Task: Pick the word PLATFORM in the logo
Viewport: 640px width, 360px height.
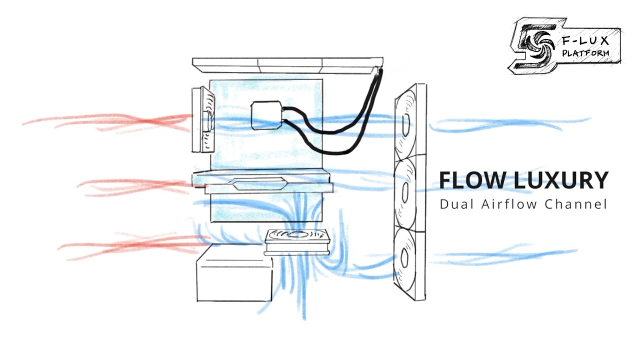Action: [x=585, y=52]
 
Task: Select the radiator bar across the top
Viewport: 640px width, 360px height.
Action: [x=287, y=64]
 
